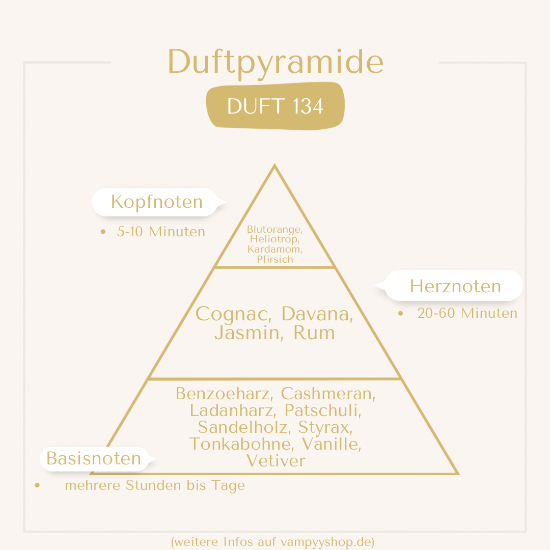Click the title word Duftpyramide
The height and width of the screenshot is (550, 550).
(x=276, y=63)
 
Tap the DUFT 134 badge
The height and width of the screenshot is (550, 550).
(x=276, y=106)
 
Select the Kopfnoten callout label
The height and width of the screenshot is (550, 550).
(x=157, y=202)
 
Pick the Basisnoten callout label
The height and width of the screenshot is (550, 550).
(x=94, y=458)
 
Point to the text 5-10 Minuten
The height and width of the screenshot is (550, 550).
(x=161, y=232)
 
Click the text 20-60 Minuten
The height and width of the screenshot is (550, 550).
(x=467, y=313)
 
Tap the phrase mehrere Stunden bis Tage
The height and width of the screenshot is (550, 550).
(x=155, y=485)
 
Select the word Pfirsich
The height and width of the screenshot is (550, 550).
(x=275, y=260)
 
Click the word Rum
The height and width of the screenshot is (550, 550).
(x=314, y=333)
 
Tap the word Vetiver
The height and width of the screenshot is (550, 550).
(x=276, y=461)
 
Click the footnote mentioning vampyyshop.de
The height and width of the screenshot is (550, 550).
(x=273, y=542)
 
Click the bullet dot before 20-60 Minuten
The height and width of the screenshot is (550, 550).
(x=401, y=313)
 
